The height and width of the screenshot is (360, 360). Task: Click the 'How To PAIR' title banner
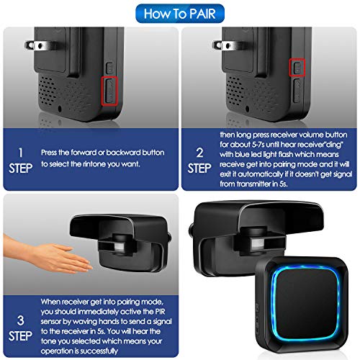pos(179,13)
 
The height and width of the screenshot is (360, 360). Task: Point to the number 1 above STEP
pos(21,153)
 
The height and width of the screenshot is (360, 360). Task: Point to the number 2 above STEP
pos(199,153)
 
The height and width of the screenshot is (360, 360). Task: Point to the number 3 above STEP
pos(21,319)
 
